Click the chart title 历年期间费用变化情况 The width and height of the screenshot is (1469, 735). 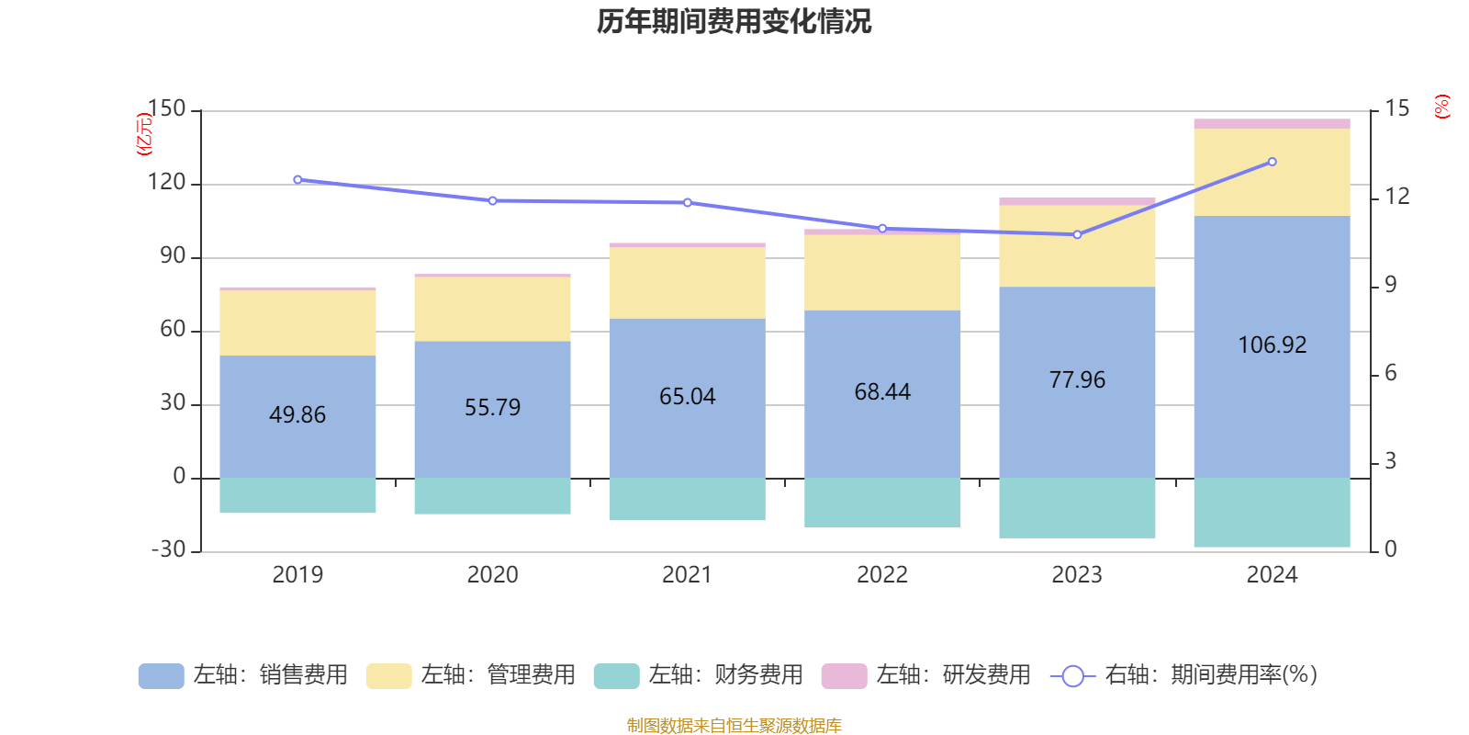point(734,21)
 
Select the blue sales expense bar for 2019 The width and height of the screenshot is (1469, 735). point(297,416)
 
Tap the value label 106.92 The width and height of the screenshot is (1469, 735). point(1272,345)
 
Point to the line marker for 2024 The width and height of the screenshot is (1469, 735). point(1272,162)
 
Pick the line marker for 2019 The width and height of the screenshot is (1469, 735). point(297,179)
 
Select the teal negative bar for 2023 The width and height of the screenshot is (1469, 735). point(1077,508)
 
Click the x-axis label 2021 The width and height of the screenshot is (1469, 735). point(687,575)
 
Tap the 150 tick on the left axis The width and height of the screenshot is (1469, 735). point(166,109)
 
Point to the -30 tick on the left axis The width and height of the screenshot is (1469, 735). point(168,549)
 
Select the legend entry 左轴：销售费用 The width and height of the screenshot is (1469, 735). point(243,675)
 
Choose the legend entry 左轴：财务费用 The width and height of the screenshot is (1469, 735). point(699,675)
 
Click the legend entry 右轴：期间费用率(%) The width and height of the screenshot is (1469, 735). point(1183,675)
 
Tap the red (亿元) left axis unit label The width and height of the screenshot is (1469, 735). point(144,134)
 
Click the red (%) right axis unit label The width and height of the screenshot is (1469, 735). point(1442,107)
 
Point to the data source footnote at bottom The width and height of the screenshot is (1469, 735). point(734,726)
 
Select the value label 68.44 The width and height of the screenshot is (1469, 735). point(882,392)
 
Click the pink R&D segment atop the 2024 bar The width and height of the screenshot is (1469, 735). point(1272,123)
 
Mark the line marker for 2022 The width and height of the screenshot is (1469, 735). point(882,228)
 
